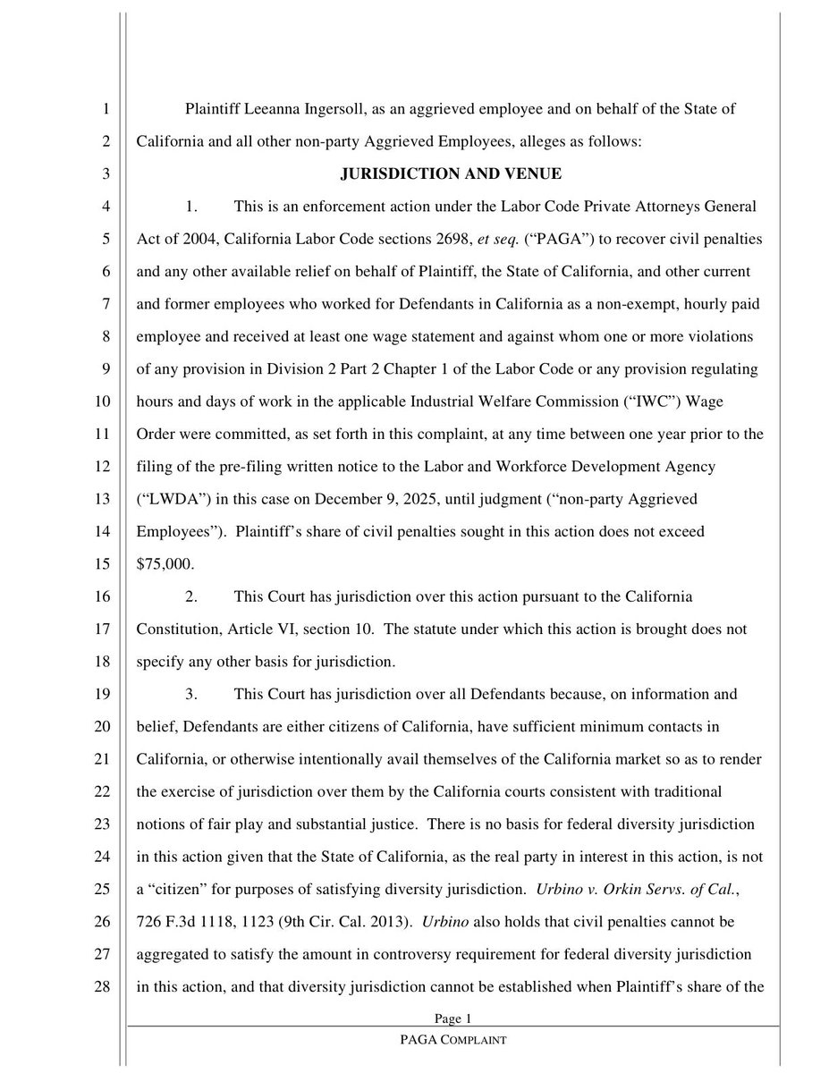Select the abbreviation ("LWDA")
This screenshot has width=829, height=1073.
click(x=172, y=499)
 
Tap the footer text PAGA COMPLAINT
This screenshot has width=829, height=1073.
click(x=454, y=1041)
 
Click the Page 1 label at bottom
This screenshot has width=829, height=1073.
click(x=453, y=1018)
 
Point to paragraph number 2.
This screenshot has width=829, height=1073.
click(x=190, y=596)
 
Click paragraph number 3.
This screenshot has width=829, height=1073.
click(x=190, y=693)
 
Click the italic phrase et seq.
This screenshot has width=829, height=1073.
click(x=472, y=240)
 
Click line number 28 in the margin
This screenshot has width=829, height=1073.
click(x=104, y=985)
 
